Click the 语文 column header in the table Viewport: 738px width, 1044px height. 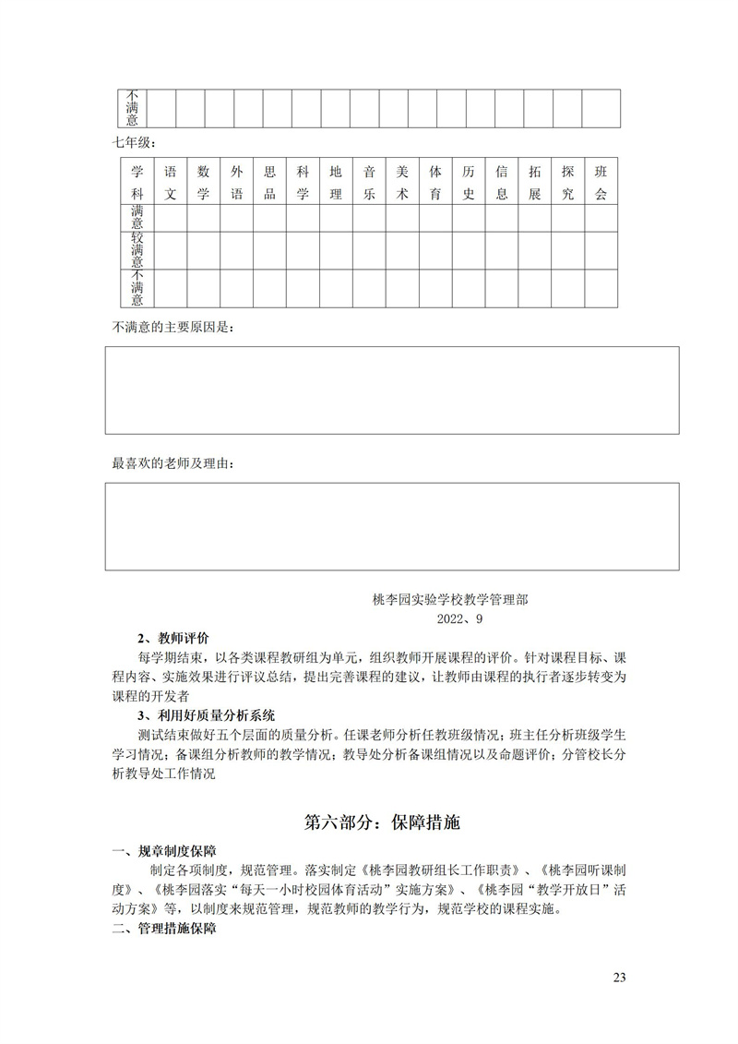[170, 183]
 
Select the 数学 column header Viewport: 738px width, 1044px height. [204, 183]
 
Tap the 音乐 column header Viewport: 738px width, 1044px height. [369, 183]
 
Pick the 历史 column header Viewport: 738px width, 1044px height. [469, 183]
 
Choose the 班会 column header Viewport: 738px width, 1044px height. [601, 183]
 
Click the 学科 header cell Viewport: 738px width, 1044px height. [137, 183]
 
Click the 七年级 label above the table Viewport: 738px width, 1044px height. [135, 143]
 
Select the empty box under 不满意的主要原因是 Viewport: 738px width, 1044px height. [391, 390]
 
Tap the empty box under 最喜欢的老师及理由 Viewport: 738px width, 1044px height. [391, 525]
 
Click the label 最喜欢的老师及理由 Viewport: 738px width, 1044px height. [173, 463]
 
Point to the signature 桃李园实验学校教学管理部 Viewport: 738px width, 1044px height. [450, 599]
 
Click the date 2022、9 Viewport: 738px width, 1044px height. [459, 618]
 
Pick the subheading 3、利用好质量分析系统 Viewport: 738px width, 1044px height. [206, 715]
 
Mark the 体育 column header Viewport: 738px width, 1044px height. [435, 183]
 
